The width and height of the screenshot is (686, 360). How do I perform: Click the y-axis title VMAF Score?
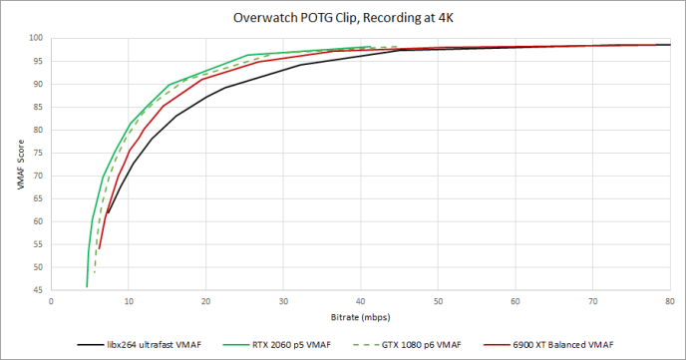[x=18, y=164]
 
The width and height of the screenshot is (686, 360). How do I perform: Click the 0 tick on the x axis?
[x=50, y=300]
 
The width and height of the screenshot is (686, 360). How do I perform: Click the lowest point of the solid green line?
[x=87, y=286]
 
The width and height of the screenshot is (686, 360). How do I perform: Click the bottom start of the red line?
[x=99, y=248]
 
